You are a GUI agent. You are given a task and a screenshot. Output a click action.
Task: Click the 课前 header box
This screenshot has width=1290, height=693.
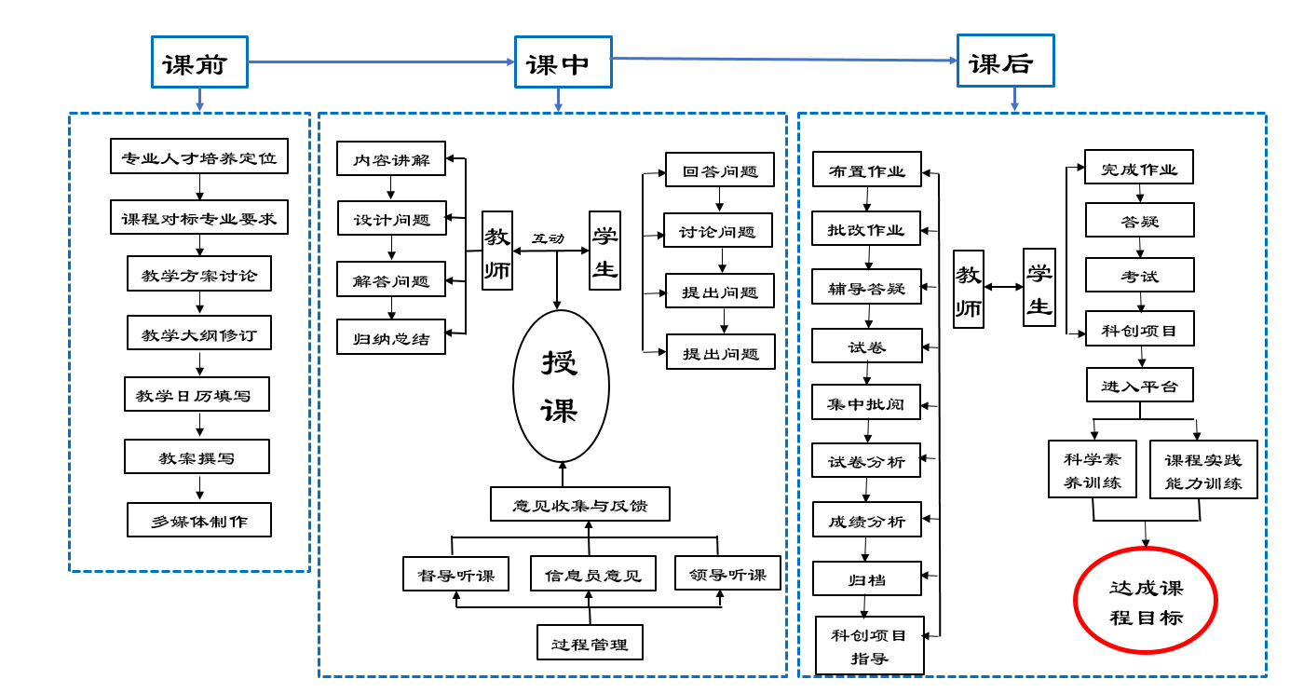(200, 63)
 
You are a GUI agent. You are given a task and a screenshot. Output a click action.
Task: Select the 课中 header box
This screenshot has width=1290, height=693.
(564, 63)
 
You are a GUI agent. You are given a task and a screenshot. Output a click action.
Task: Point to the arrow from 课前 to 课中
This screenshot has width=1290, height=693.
(382, 62)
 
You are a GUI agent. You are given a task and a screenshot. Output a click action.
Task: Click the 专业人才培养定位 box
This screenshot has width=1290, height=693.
(199, 156)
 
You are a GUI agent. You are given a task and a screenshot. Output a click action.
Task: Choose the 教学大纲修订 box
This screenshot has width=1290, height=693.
(199, 333)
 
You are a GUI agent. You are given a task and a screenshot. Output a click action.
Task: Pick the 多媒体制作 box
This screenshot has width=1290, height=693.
(199, 520)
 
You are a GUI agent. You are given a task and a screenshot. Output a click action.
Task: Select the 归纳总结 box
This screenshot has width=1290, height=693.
(391, 337)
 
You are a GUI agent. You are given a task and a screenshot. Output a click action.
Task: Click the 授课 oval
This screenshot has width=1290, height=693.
(561, 386)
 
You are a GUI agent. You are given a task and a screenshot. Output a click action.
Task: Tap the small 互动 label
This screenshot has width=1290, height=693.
(548, 238)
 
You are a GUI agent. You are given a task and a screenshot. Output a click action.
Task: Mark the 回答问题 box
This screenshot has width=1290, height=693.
(720, 170)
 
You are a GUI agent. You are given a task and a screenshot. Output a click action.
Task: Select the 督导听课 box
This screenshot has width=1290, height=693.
(455, 573)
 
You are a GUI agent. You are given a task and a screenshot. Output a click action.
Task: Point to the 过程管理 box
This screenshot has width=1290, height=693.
(590, 642)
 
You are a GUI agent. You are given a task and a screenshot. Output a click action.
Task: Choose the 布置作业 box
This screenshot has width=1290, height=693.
(867, 170)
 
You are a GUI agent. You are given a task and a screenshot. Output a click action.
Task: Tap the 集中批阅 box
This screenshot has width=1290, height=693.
(866, 403)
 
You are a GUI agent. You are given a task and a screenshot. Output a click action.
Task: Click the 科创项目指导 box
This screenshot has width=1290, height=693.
(870, 645)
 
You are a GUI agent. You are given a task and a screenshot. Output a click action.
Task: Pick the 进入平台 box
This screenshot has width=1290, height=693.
(1139, 384)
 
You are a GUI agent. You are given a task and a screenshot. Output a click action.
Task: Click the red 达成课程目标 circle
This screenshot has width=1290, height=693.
(1146, 604)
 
